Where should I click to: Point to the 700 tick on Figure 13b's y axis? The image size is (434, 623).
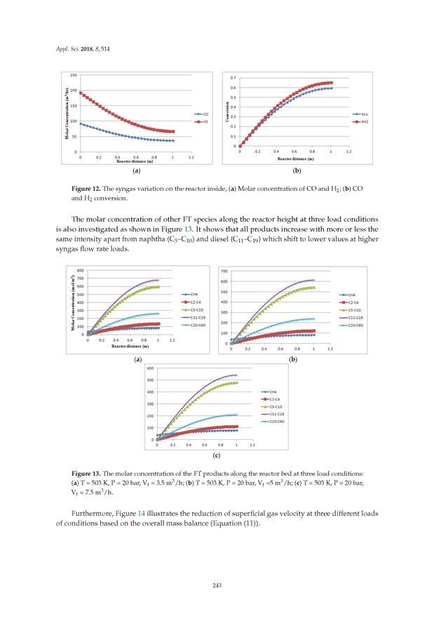[x=224, y=271]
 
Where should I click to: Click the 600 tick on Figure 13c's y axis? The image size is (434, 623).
[x=151, y=368]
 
